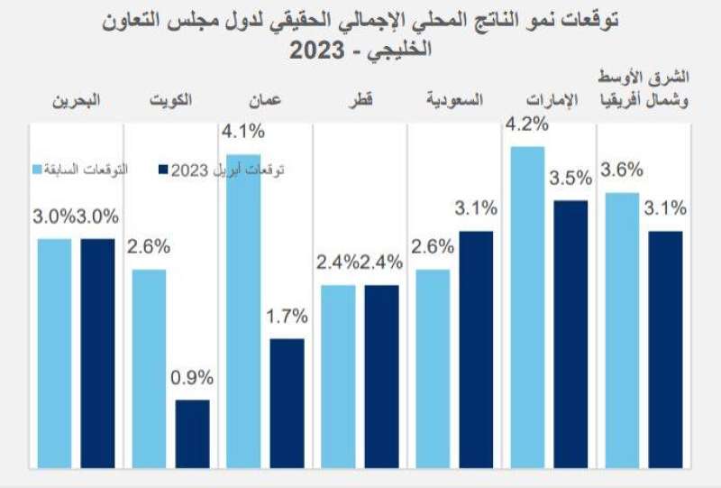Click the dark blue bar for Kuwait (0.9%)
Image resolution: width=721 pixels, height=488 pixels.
[x=193, y=434]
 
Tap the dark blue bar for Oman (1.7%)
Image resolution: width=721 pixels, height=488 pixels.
[x=287, y=403]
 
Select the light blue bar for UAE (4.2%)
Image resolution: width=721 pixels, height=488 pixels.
[x=527, y=307]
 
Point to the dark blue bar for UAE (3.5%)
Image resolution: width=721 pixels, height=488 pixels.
[x=570, y=334]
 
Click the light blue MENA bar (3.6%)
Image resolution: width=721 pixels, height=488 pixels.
[x=622, y=330]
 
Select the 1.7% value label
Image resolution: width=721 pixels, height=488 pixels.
[x=287, y=318]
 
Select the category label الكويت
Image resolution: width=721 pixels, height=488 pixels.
[x=170, y=102]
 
